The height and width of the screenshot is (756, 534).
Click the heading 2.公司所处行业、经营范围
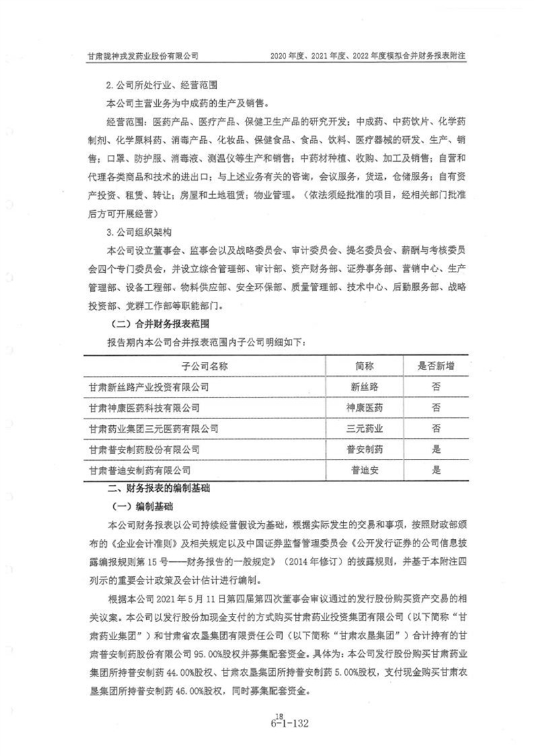click(159, 87)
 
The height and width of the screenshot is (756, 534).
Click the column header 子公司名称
click(205, 366)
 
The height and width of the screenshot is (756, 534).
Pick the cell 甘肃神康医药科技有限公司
click(144, 408)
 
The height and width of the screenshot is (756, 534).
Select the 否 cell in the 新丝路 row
click(436, 387)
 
